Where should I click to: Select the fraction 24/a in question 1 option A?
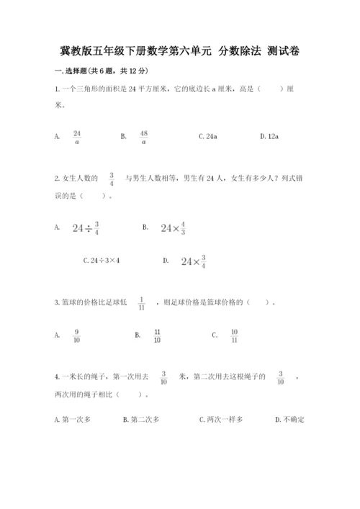pos(77,136)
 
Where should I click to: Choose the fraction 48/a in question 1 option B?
pos(143,136)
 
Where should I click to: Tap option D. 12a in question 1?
pos(269,136)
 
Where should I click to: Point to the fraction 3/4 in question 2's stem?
pos(112,178)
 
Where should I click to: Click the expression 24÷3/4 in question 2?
pos(86,228)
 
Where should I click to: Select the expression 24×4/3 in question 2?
pos(173,228)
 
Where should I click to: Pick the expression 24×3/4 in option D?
pos(194,261)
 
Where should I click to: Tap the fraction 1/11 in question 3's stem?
pos(141,303)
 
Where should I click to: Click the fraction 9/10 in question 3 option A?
pos(76,335)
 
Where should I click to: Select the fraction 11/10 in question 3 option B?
pos(157,335)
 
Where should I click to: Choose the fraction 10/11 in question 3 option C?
pos(234,335)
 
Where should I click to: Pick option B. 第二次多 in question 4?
pos(141,419)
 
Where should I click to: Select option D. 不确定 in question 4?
pos(290,419)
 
